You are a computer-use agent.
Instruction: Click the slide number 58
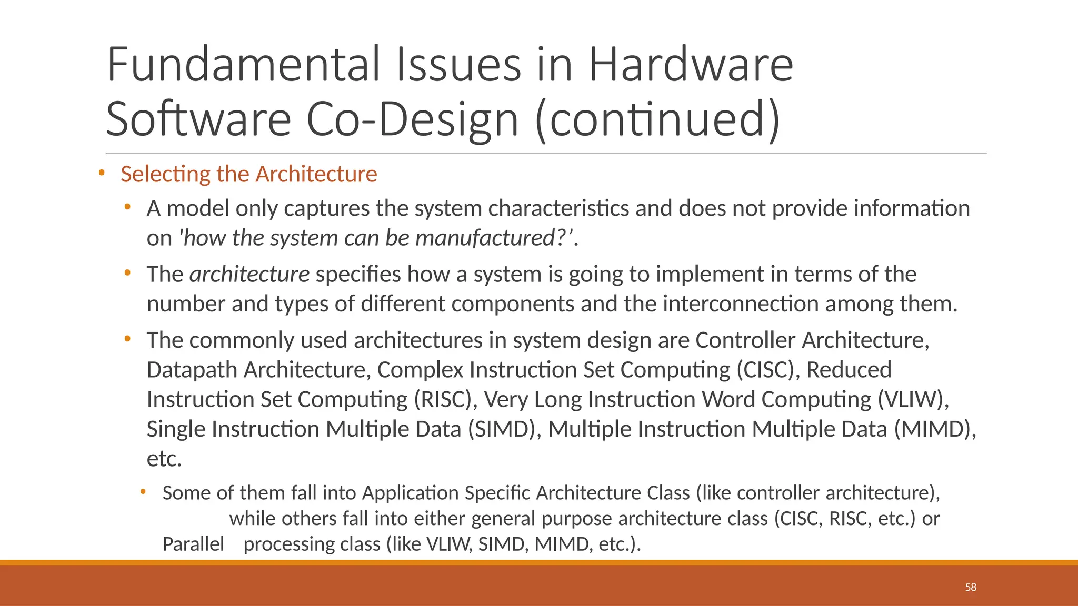coord(971,587)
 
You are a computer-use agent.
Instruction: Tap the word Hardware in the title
coord(690,65)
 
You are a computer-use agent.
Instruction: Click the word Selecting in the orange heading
coord(165,174)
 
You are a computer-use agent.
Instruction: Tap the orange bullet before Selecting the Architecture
coord(102,173)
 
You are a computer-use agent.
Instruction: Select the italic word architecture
coord(249,275)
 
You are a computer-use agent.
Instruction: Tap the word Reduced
coord(849,370)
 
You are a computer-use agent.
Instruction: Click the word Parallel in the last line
coord(193,544)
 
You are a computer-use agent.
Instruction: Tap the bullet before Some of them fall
coord(143,492)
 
